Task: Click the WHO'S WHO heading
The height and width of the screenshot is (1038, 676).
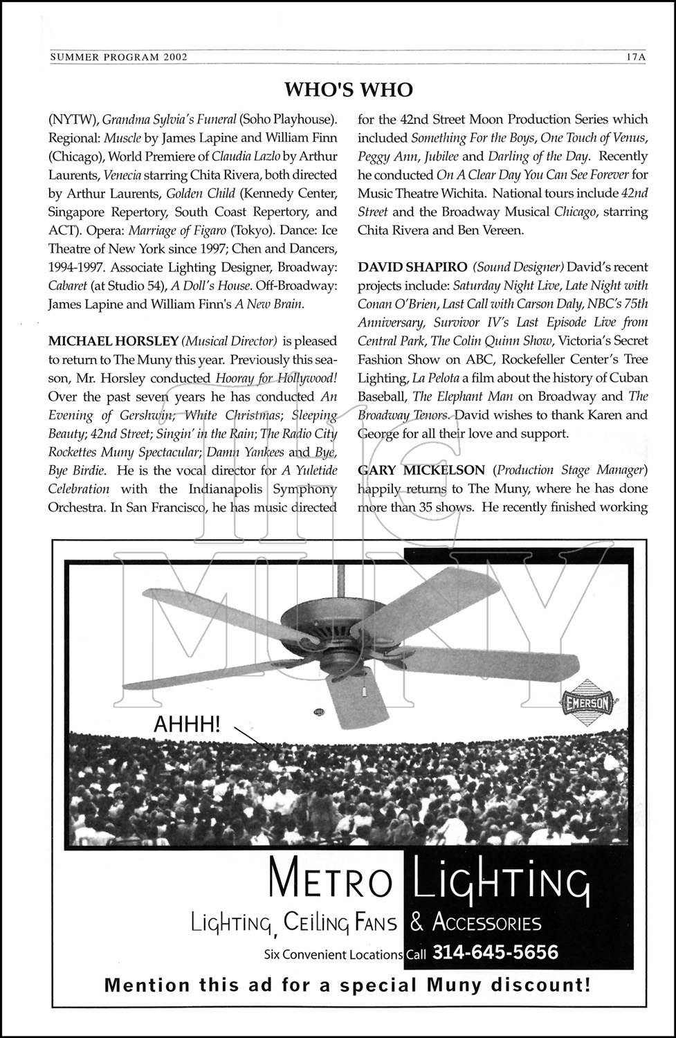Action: click(348, 89)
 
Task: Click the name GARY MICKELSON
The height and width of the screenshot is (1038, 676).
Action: click(421, 471)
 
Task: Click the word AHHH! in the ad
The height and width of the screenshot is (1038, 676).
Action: click(188, 725)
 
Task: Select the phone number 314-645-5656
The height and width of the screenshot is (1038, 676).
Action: click(495, 953)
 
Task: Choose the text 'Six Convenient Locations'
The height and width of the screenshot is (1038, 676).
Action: click(333, 954)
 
